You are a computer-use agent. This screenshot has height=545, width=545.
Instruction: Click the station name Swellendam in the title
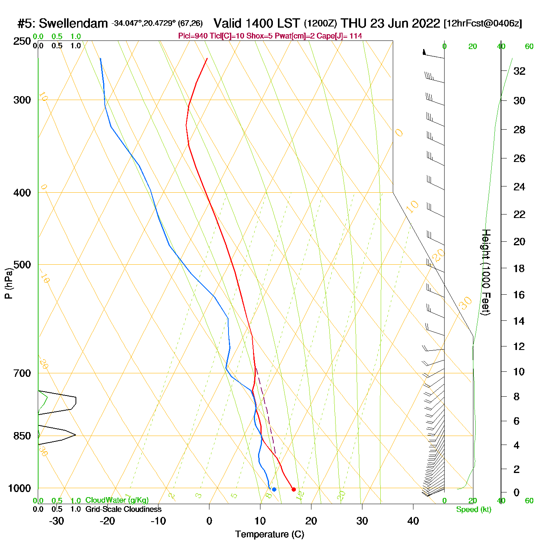pyautogui.click(x=73, y=23)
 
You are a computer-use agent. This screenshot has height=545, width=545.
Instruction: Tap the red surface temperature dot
pyautogui.click(x=294, y=489)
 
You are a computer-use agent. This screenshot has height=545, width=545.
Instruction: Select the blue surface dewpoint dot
pyautogui.click(x=274, y=489)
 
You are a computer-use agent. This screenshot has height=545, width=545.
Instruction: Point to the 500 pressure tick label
pyautogui.click(x=22, y=265)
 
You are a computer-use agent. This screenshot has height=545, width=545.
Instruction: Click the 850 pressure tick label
pyautogui.click(x=22, y=436)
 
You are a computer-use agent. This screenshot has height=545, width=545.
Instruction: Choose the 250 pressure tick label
pyautogui.click(x=22, y=41)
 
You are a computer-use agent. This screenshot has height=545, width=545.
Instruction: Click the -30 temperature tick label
pyautogui.click(x=56, y=521)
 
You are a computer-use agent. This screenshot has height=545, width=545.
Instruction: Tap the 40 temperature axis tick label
pyautogui.click(x=413, y=521)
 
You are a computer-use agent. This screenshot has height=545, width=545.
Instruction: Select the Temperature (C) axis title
pyautogui.click(x=269, y=534)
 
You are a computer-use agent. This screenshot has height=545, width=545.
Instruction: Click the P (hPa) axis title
pyautogui.click(x=9, y=283)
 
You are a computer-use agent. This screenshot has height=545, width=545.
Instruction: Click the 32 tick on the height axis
pyautogui.click(x=519, y=71)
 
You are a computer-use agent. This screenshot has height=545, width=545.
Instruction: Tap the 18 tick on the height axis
pyautogui.click(x=519, y=268)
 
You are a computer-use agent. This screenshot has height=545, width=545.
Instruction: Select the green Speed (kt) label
pyautogui.click(x=473, y=510)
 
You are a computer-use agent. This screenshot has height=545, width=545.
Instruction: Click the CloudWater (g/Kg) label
pyautogui.click(x=117, y=500)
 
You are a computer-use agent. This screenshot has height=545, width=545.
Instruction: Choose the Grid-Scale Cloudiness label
pyautogui.click(x=123, y=509)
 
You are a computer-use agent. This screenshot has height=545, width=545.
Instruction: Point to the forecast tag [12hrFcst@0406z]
pyautogui.click(x=483, y=23)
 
